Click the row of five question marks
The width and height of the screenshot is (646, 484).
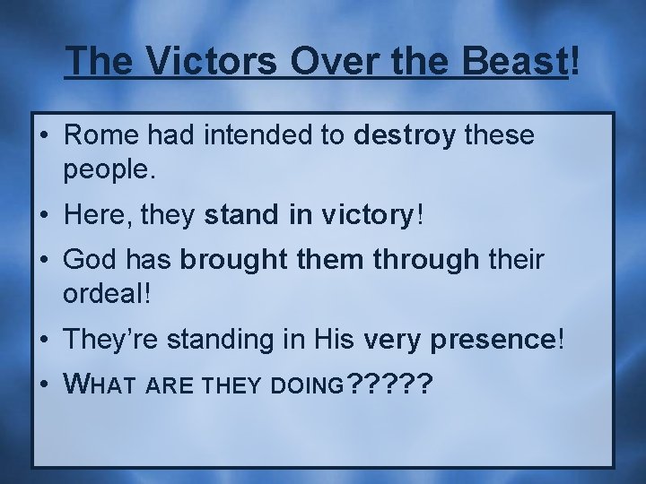click(388, 385)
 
